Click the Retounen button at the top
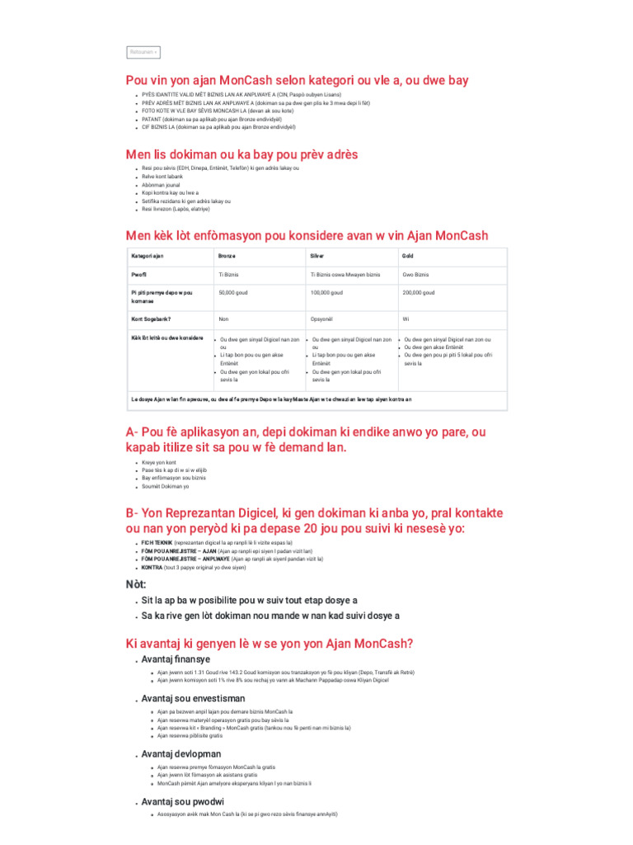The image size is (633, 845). tap(143, 52)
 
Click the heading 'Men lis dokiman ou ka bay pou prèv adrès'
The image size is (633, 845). tap(241, 154)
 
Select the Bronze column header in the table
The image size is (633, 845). tap(227, 256)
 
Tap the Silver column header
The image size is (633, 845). tap(317, 256)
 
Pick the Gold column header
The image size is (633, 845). tap(408, 256)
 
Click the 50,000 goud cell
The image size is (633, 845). tap(235, 292)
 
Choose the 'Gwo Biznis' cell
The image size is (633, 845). tap(415, 274)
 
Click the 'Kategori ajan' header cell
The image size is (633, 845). tap(148, 256)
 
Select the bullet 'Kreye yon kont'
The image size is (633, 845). tap(160, 463)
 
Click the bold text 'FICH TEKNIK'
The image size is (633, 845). tap(157, 543)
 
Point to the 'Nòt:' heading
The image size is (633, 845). tap(136, 584)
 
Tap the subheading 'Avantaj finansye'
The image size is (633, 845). tap(176, 659)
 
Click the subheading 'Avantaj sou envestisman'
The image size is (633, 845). tap(193, 697)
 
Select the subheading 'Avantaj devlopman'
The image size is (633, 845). tap(181, 753)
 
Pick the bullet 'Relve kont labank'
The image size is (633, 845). tap(162, 176)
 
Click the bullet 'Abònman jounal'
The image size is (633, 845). tap(161, 184)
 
